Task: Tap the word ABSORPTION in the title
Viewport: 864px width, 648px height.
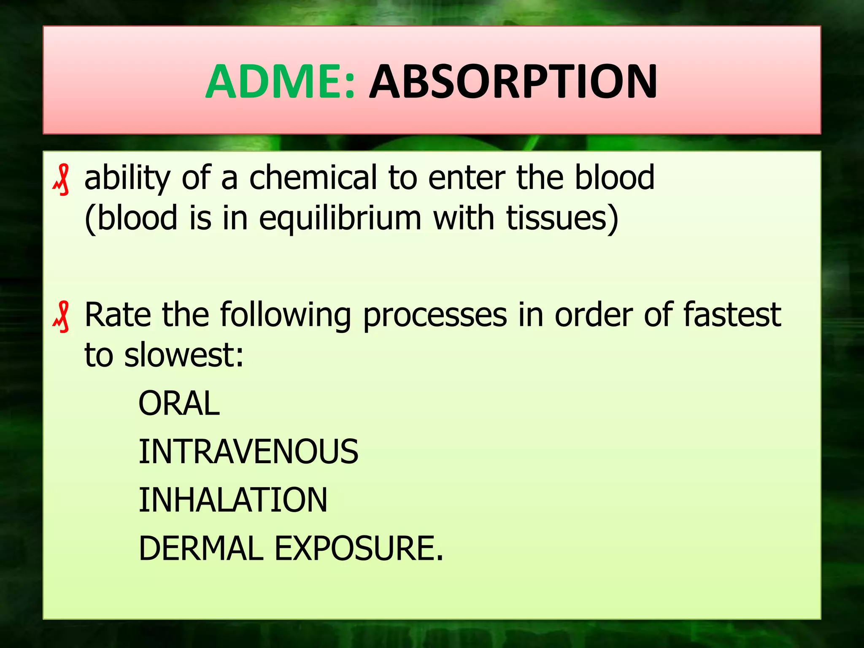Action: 513,82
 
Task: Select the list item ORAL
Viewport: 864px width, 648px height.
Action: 179,403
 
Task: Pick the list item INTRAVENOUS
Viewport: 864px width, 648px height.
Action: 248,451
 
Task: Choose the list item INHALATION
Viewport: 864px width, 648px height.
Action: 233,500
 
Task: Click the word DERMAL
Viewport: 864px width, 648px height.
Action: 201,548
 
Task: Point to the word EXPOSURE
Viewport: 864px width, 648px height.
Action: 359,548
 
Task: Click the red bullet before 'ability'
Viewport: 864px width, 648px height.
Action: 62,180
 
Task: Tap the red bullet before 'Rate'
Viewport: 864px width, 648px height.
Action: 62,317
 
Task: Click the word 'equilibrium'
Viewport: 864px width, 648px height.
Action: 340,219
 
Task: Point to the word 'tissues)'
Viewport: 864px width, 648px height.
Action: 562,219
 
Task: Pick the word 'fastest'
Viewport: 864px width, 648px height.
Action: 732,315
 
